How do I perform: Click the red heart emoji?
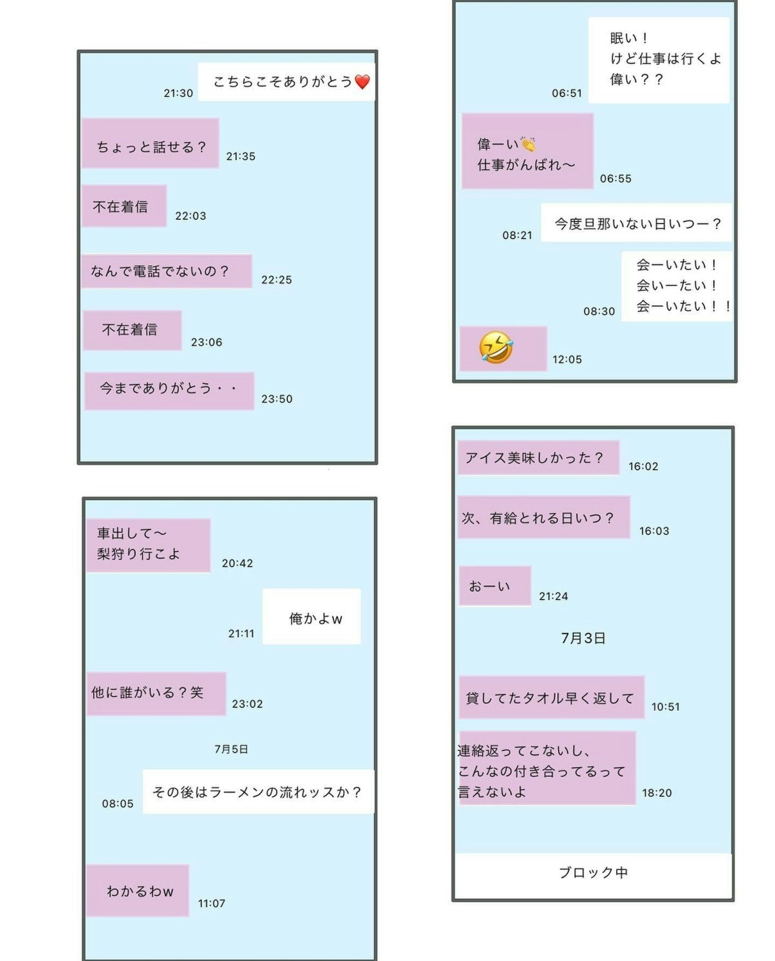[362, 81]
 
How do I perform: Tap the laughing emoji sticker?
[495, 348]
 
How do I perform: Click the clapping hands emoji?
[528, 143]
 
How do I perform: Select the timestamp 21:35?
[241, 156]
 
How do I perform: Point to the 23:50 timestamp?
[277, 399]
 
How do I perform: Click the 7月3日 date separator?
[583, 638]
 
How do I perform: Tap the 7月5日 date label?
[231, 749]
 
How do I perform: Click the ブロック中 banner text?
[594, 872]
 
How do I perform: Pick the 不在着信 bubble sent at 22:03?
[124, 206]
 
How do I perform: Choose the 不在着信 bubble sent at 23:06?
[132, 330]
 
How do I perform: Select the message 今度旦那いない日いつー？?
[637, 223]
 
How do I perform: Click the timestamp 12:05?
[567, 359]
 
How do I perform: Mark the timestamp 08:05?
[118, 804]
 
